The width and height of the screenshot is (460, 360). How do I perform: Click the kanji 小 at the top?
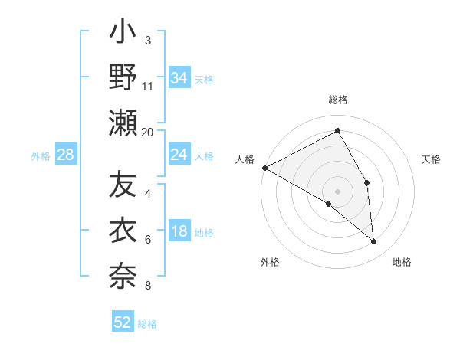point(123,35)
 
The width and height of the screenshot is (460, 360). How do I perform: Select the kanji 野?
point(123,79)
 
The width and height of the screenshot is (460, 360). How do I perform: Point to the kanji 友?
point(123,186)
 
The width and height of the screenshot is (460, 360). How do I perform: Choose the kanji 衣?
point(123,231)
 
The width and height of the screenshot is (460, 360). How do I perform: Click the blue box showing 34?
point(179,78)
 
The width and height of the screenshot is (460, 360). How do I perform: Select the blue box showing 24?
point(179,155)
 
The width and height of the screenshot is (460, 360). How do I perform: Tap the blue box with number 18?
point(179,232)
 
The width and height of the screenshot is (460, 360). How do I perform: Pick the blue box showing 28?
point(65,155)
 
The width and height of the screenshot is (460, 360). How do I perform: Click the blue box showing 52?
point(123,322)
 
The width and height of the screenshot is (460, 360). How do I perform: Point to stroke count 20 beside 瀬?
point(148,132)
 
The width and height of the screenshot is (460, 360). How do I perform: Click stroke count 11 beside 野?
point(148,86)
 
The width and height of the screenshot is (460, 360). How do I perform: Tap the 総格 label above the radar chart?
point(337,100)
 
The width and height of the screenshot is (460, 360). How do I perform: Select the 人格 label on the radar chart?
point(245,159)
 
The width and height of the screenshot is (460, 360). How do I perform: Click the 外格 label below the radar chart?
point(270,263)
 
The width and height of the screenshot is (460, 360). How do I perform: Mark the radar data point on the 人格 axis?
point(264,168)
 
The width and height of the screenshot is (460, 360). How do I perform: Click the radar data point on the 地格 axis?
point(373,241)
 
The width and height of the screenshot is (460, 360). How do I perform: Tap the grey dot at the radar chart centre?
point(337,190)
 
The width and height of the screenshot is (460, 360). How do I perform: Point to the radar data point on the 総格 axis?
point(337,131)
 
